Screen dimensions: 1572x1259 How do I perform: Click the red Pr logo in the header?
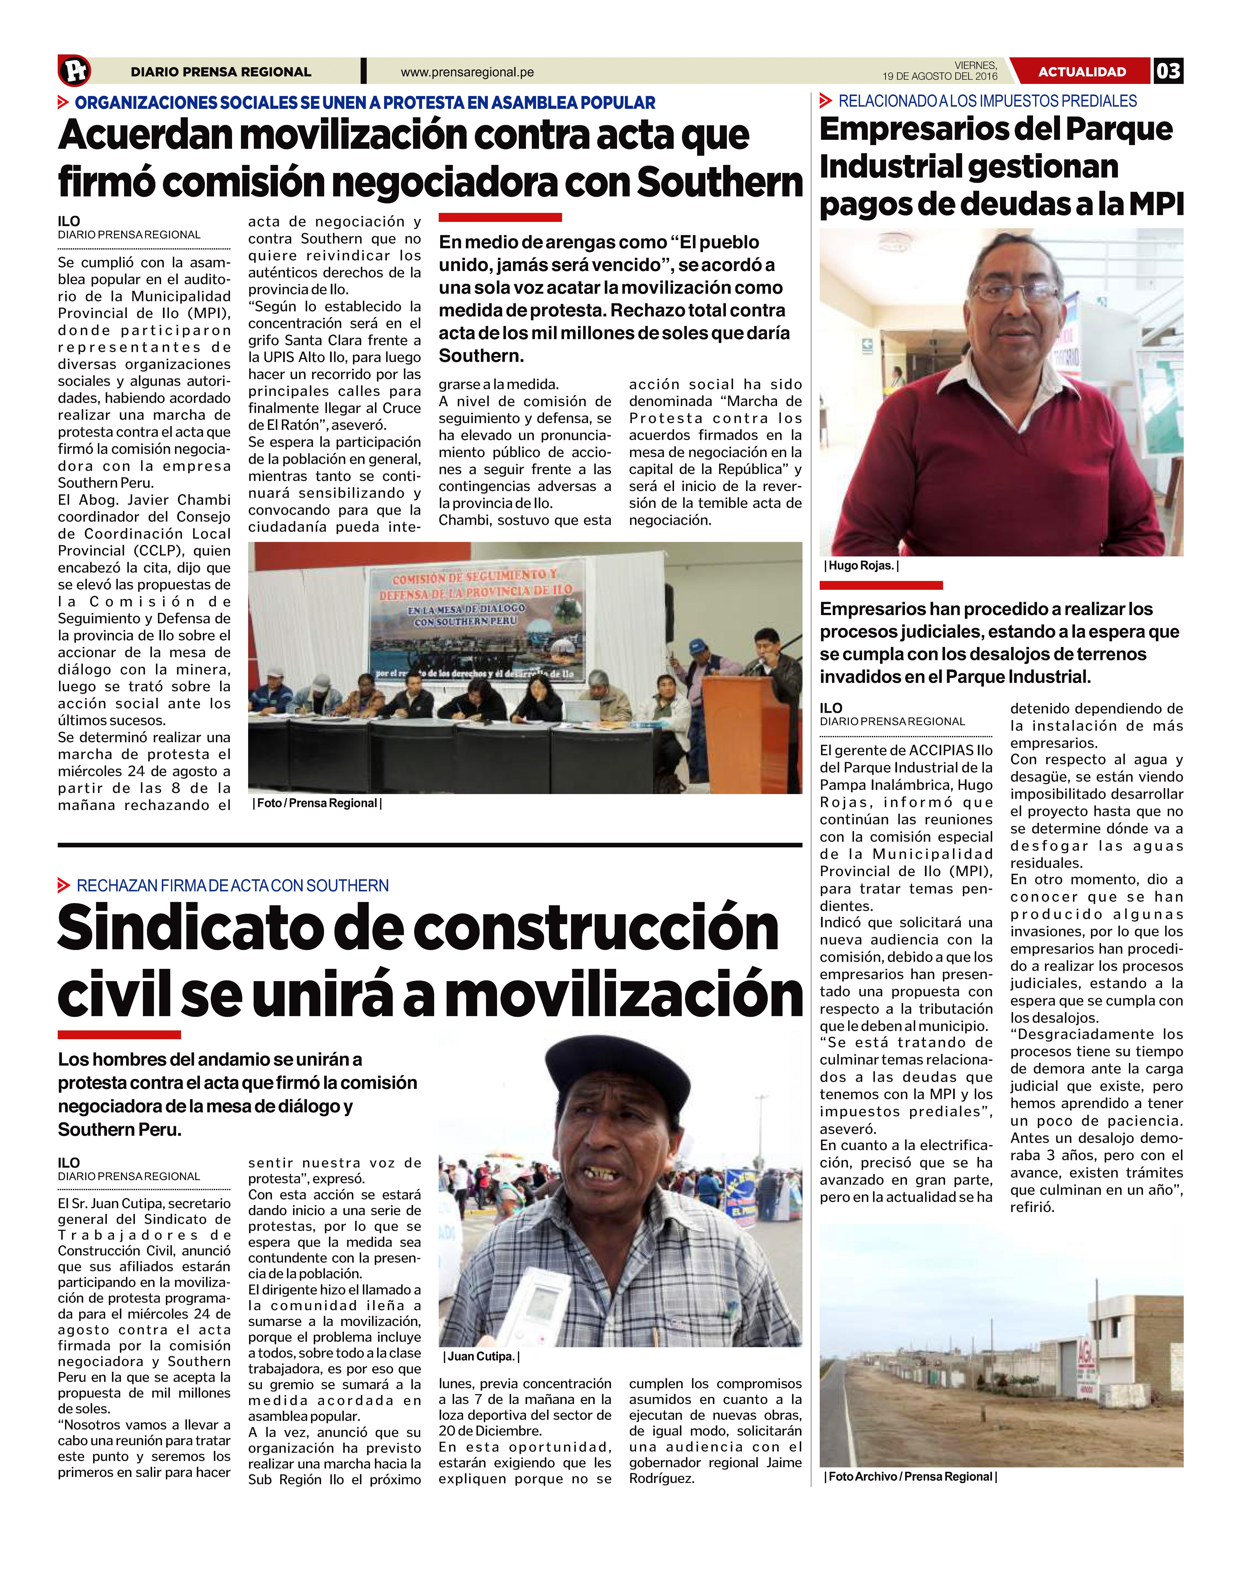point(74,71)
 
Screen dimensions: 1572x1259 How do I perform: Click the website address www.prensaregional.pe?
point(467,72)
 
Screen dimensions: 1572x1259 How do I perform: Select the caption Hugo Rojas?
point(861,566)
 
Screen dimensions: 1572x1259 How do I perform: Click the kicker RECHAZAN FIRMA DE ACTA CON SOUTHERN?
point(232,886)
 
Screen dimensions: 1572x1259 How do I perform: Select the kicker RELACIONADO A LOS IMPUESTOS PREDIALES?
point(987,101)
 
